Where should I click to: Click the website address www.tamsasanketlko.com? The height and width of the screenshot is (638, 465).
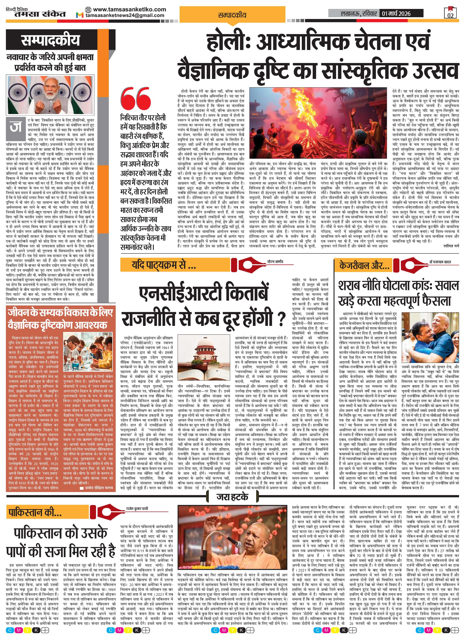(x=129, y=9)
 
